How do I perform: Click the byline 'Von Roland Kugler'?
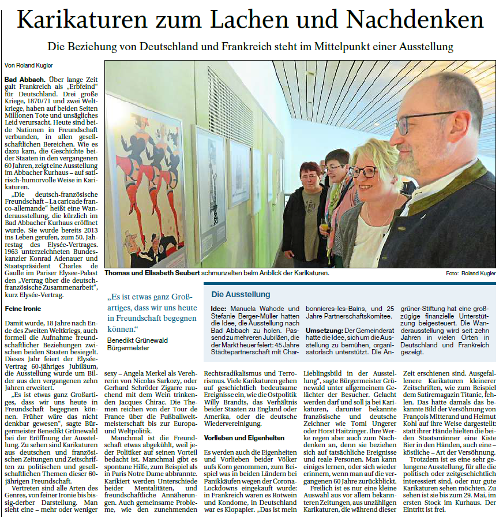tap(28, 65)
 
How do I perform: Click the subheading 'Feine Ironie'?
tap(22, 309)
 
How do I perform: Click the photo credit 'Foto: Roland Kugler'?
tap(471, 273)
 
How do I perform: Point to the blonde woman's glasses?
tap(362, 171)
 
